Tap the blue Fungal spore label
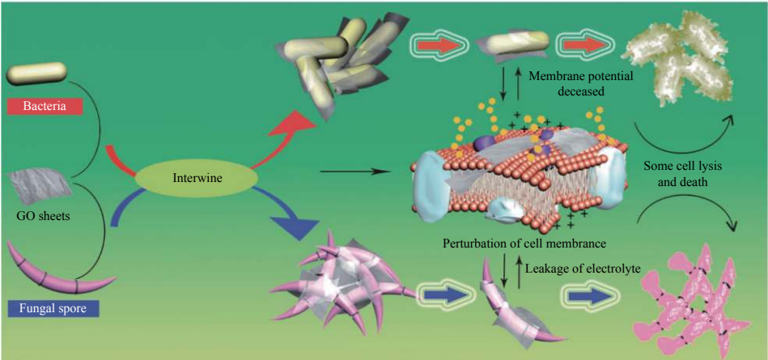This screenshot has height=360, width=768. (x=50, y=307)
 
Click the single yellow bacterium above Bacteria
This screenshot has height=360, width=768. (x=37, y=74)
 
